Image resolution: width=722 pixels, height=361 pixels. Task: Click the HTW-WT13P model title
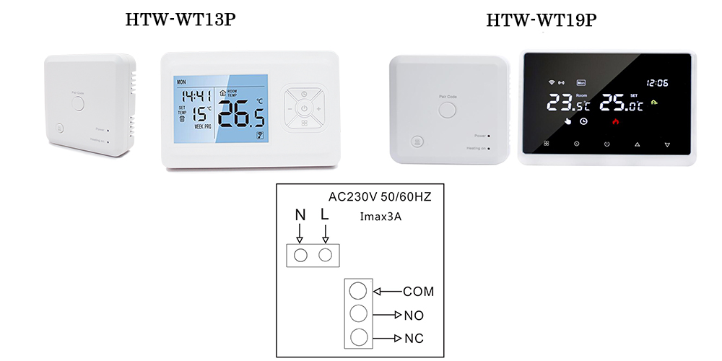pyautogui.click(x=180, y=20)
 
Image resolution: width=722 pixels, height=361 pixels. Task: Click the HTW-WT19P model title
pyautogui.click(x=541, y=20)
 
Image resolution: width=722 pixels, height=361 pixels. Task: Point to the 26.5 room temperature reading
pyautogui.click(x=242, y=114)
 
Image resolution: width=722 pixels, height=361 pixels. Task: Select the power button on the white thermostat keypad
pyautogui.click(x=305, y=109)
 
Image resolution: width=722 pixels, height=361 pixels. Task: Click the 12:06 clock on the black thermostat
pyautogui.click(x=657, y=82)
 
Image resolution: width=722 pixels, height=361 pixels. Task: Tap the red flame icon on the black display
pyautogui.click(x=616, y=121)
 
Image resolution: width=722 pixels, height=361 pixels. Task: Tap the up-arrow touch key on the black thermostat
pyautogui.click(x=637, y=144)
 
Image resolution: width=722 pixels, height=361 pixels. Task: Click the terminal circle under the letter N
pyautogui.click(x=301, y=255)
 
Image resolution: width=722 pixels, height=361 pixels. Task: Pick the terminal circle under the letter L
pyautogui.click(x=326, y=255)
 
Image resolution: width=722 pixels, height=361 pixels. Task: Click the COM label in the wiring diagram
pyautogui.click(x=418, y=292)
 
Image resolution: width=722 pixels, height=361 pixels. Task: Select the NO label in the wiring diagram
pyautogui.click(x=414, y=316)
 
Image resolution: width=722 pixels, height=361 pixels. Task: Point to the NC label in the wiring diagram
pyautogui.click(x=414, y=339)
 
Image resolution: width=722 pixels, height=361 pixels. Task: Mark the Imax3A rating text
pyautogui.click(x=381, y=216)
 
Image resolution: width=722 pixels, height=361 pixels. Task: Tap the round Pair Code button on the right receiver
pyautogui.click(x=448, y=109)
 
